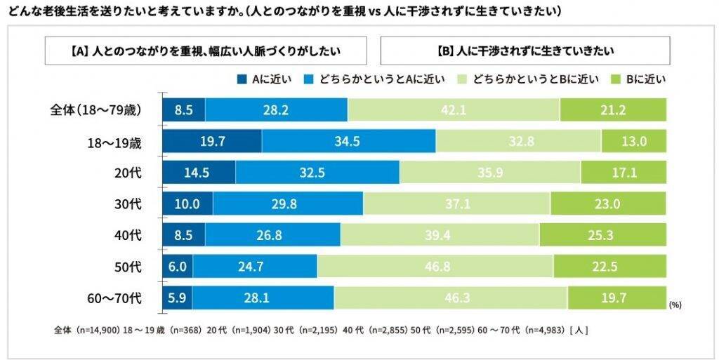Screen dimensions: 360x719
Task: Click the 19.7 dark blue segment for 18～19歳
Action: pos(211,141)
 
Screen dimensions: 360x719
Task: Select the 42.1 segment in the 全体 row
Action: pos(454,109)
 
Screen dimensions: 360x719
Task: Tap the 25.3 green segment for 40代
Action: pos(602,234)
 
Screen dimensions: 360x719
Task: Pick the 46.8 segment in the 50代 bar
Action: pos(435,266)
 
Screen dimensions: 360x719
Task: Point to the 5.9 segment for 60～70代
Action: pos(177,298)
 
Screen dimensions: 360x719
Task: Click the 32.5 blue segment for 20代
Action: pos(317,172)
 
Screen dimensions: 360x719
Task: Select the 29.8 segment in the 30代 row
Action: pos(288,204)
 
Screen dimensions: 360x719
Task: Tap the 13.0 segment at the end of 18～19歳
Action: pos(633,141)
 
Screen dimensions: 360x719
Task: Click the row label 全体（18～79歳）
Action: pos(96,109)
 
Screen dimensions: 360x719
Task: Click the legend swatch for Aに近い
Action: pos(242,79)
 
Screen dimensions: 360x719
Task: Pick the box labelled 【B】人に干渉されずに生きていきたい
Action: pos(525,51)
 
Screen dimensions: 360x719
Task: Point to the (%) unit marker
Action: pos(675,305)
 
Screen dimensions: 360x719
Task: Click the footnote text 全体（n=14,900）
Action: pos(86,328)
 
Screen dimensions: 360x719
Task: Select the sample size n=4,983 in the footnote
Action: pos(545,328)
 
